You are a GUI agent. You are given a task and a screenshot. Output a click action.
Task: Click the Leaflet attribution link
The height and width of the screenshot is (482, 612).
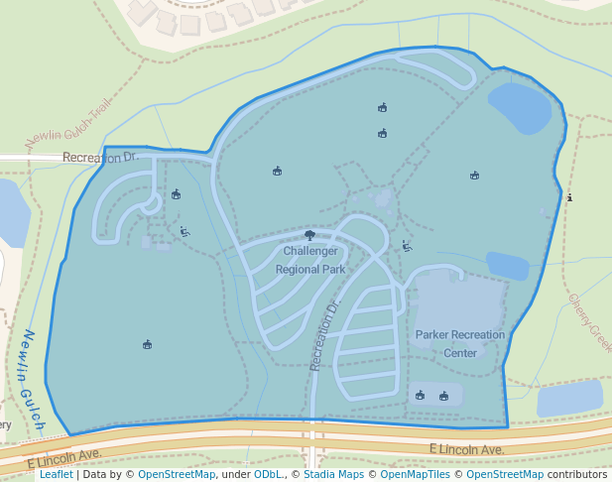pos(56,474)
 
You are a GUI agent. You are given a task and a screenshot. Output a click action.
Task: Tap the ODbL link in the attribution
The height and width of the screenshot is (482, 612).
pos(267,474)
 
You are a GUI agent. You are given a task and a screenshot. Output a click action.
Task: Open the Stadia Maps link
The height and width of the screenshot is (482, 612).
pos(333,474)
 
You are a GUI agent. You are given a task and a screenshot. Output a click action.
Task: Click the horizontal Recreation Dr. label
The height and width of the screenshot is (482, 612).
pos(99,157)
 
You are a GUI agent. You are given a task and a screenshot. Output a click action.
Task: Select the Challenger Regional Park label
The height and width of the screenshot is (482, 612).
pos(310,260)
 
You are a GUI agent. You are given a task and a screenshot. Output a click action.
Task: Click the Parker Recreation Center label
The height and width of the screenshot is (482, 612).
pos(459,343)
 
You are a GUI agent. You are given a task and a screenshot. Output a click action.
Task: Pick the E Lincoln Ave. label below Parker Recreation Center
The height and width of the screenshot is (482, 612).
pos(467,449)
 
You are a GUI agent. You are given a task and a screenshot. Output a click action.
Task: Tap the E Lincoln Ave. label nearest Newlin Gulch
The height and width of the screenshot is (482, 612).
pos(65,458)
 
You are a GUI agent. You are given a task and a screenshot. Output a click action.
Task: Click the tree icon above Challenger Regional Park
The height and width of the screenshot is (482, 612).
pos(310,236)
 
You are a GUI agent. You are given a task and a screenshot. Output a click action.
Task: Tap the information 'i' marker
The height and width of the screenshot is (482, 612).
pos(569,198)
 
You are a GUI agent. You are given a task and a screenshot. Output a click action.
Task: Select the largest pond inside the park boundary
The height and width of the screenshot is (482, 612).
pos(519,107)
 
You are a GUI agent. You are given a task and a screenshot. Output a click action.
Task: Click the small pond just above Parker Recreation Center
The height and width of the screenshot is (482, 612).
pos(507,266)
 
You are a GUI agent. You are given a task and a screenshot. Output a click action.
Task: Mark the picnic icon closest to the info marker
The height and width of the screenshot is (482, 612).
pos(475,176)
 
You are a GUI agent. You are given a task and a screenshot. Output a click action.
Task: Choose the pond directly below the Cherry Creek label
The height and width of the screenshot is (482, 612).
pos(569,398)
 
